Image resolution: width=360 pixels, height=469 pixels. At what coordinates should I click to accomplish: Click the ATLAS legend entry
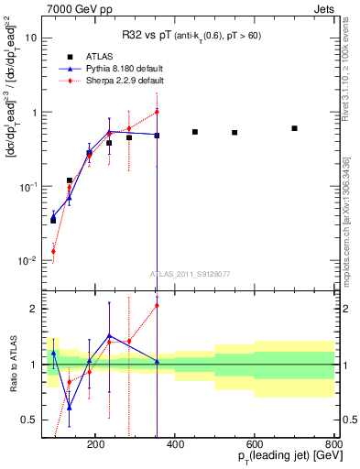pos(98,56)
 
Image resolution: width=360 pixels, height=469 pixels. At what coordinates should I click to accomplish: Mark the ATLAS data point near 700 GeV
pos(294,128)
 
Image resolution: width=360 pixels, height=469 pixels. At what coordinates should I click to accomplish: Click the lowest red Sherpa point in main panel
pos(53,251)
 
